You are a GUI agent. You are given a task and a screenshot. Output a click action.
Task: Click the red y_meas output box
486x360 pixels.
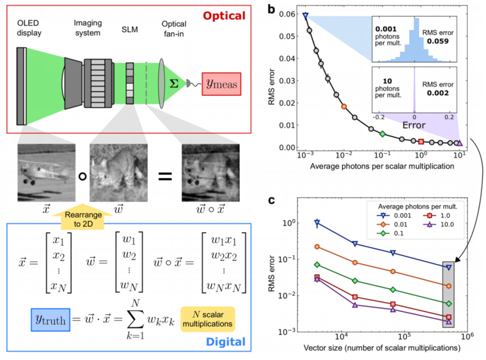pos(221,84)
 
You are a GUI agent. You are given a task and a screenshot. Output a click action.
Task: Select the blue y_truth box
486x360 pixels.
pos(50,320)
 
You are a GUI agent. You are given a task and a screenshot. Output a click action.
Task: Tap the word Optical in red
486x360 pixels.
pos(224,16)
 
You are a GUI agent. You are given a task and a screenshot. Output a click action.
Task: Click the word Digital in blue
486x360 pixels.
pos(226,342)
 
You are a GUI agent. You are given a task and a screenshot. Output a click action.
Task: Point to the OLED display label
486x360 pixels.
pos(29,28)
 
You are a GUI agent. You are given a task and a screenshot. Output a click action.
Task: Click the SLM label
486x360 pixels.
pos(130,29)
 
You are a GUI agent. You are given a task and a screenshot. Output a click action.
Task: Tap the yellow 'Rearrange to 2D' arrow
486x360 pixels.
pos(82,217)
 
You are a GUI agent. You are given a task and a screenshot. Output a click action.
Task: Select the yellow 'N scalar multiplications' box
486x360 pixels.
pos(208,319)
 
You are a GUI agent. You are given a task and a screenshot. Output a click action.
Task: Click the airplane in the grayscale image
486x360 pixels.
pos(46,170)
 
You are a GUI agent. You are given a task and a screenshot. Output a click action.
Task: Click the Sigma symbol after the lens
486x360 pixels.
pos(174,84)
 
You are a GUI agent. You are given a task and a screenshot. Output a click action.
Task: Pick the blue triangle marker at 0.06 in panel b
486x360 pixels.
pos(305,16)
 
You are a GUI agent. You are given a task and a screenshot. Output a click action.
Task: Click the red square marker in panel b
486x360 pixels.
pos(421,141)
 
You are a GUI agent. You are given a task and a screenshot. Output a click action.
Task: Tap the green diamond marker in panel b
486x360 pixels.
pos(382,134)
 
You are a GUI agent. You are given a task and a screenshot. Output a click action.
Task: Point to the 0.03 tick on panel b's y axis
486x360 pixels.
pos(287,81)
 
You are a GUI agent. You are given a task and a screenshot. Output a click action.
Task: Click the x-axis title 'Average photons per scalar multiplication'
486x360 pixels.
pos(382,167)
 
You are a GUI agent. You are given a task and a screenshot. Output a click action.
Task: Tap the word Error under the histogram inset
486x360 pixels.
pos(414,125)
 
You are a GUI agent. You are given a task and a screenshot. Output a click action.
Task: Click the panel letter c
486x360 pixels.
pos(271,200)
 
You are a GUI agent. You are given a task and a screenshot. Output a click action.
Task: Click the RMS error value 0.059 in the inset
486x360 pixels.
pos(437,41)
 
